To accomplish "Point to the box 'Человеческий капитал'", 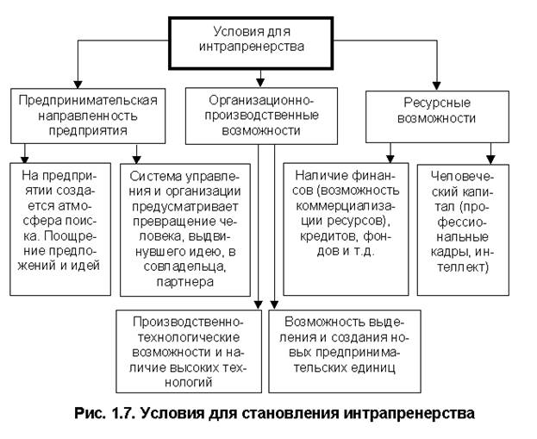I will click(x=464, y=219).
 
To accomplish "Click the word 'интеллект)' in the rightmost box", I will click(x=464, y=267).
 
